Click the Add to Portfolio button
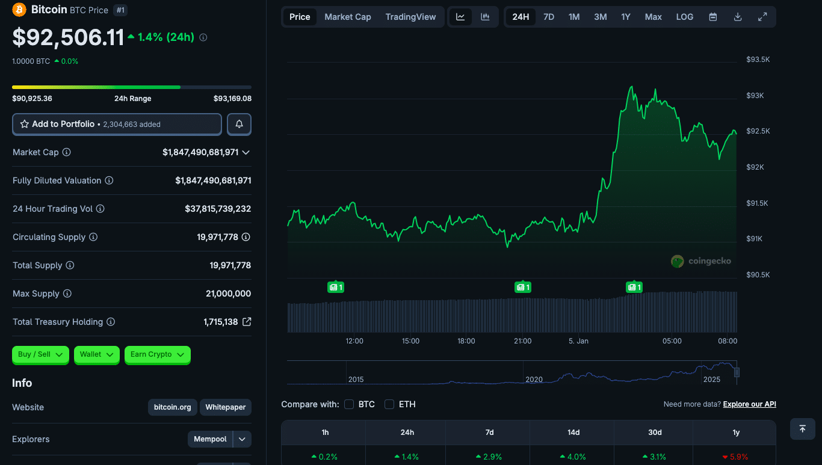click(x=117, y=124)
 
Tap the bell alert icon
click(x=239, y=124)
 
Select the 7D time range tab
click(x=549, y=17)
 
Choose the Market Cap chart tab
click(x=348, y=17)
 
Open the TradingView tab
click(x=410, y=17)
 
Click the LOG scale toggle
click(x=685, y=17)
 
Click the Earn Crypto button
click(x=157, y=354)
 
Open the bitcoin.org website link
click(x=172, y=407)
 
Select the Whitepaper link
click(x=226, y=407)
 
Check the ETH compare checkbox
click(x=389, y=404)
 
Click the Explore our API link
click(x=749, y=404)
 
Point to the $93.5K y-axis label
click(x=758, y=60)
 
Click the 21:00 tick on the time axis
click(x=522, y=341)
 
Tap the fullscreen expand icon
click(x=762, y=17)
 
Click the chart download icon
click(x=738, y=17)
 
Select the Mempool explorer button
click(x=210, y=439)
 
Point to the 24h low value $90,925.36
click(x=32, y=99)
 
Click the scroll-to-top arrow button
click(x=802, y=429)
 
